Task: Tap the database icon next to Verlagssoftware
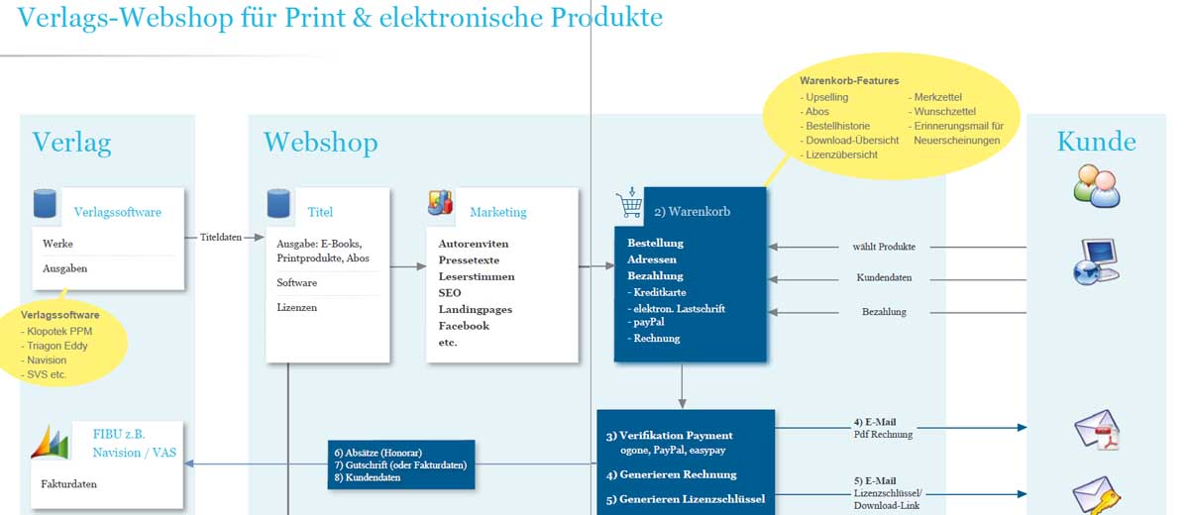pyautogui.click(x=45, y=203)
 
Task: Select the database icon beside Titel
pyautogui.click(x=278, y=203)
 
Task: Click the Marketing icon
pyautogui.click(x=440, y=202)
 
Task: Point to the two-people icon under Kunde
pyautogui.click(x=1097, y=186)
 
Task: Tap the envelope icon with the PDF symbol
pyautogui.click(x=1096, y=430)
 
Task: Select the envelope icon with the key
pyautogui.click(x=1096, y=495)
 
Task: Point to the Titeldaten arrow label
pyautogui.click(x=221, y=238)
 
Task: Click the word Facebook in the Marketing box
pyautogui.click(x=464, y=326)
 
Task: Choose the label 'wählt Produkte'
pyautogui.click(x=884, y=247)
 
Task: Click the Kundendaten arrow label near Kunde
pyautogui.click(x=884, y=278)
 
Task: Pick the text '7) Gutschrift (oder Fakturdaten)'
pyautogui.click(x=400, y=464)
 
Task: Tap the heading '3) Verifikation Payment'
pyautogui.click(x=669, y=436)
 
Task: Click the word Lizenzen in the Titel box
pyautogui.click(x=297, y=308)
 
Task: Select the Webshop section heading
pyautogui.click(x=319, y=143)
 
